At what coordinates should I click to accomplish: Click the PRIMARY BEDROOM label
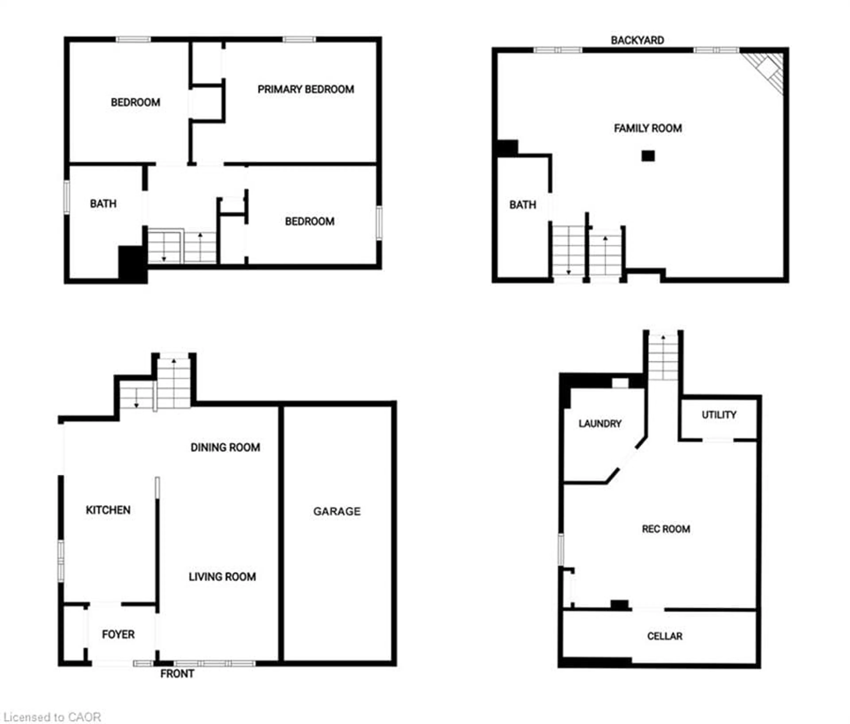click(x=306, y=89)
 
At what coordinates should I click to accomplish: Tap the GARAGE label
click(x=337, y=511)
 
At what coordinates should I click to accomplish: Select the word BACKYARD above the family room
click(x=637, y=40)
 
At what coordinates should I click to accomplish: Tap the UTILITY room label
click(x=719, y=415)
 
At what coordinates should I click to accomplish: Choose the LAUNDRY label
click(x=600, y=424)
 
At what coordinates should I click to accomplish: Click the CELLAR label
click(x=665, y=636)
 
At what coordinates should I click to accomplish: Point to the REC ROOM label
click(x=666, y=529)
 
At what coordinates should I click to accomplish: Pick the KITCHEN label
click(x=108, y=510)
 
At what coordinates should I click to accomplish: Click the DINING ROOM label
click(x=225, y=447)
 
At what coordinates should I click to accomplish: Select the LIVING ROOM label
click(x=222, y=577)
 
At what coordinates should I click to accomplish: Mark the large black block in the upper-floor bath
click(x=133, y=264)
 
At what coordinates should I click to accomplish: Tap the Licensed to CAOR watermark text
click(x=52, y=717)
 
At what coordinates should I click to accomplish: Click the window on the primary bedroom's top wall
click(x=299, y=39)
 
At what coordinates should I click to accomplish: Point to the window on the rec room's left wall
click(x=561, y=550)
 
